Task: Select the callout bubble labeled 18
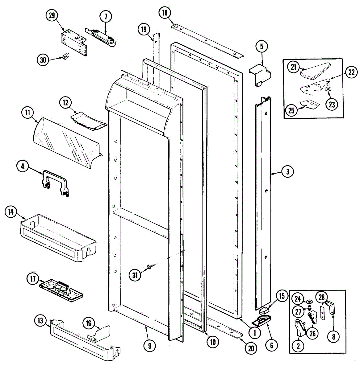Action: coord(165,13)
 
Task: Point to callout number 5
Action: coord(262,47)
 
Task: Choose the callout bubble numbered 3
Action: coord(287,171)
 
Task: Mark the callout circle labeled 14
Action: coord(11,212)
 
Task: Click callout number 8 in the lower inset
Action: coord(333,337)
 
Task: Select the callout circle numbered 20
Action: coord(251,348)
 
